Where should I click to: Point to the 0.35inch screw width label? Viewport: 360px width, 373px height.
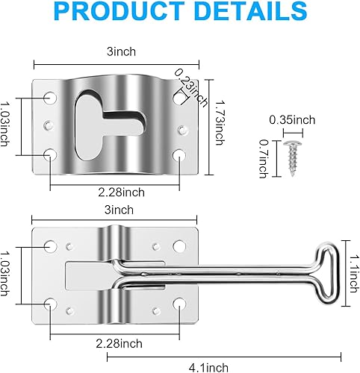point(293,119)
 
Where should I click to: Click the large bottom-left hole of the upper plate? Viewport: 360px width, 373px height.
point(50,154)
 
